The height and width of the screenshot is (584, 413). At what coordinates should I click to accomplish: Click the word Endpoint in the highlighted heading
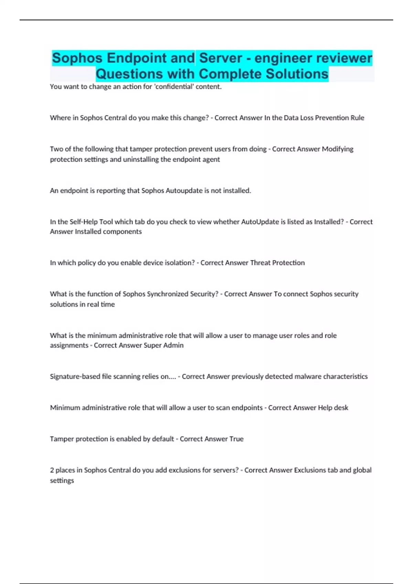pos(151,58)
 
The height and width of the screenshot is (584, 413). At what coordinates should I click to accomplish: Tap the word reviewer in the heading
pos(344,58)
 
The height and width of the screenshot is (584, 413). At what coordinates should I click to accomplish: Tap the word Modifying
pos(338,149)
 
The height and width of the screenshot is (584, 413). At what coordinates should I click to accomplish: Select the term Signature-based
pos(75,377)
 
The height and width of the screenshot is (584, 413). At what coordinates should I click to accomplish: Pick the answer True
pos(236,439)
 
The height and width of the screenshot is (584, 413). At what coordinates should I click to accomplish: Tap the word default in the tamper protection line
pos(163,439)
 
